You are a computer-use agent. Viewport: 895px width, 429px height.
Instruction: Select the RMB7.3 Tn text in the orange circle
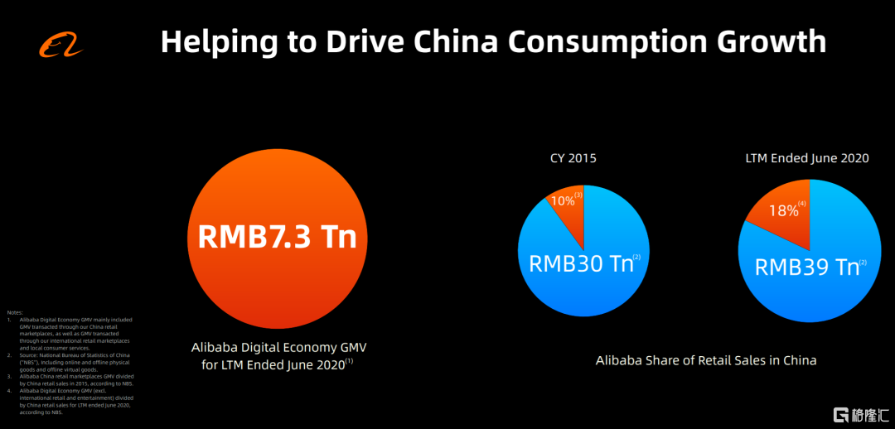pyautogui.click(x=277, y=236)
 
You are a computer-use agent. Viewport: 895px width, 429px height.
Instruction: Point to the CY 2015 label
pyautogui.click(x=573, y=158)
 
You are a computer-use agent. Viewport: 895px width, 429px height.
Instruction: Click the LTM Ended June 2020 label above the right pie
pyautogui.click(x=805, y=157)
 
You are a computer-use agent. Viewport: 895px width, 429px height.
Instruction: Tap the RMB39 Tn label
pyautogui.click(x=805, y=268)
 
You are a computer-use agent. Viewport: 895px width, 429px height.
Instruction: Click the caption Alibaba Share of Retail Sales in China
pyautogui.click(x=706, y=360)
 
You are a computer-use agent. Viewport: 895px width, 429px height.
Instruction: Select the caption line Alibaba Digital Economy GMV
pyautogui.click(x=277, y=348)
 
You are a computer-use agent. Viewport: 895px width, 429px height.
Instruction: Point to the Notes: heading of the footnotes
pyautogui.click(x=15, y=312)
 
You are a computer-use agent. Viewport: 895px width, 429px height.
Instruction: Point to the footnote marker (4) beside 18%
pyautogui.click(x=803, y=203)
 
